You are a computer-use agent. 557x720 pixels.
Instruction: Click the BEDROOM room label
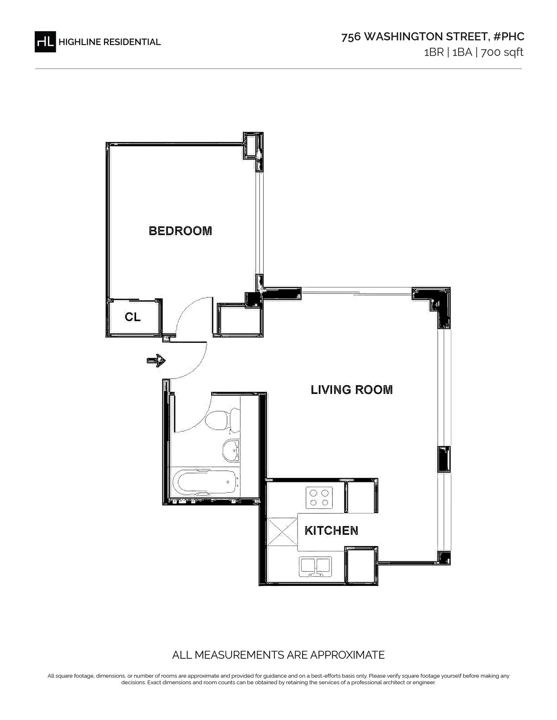point(180,231)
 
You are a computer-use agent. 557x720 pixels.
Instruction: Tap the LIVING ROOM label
point(351,390)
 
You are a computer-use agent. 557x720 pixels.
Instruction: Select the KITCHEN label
point(331,530)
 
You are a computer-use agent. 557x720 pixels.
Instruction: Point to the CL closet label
point(133,317)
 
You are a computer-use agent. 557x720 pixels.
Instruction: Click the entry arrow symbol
point(156,360)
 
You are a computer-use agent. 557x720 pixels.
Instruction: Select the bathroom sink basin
point(231,451)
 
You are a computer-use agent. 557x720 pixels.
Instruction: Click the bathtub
point(205,482)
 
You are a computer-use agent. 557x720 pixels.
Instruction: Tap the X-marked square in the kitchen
point(282,532)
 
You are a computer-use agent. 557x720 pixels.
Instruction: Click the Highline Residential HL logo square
point(45,42)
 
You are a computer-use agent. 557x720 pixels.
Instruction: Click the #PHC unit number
point(509,37)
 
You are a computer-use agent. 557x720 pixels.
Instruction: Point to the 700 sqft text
point(502,52)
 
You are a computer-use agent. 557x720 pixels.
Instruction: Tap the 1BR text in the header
point(434,52)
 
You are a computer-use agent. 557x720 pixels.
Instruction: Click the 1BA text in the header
point(462,52)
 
